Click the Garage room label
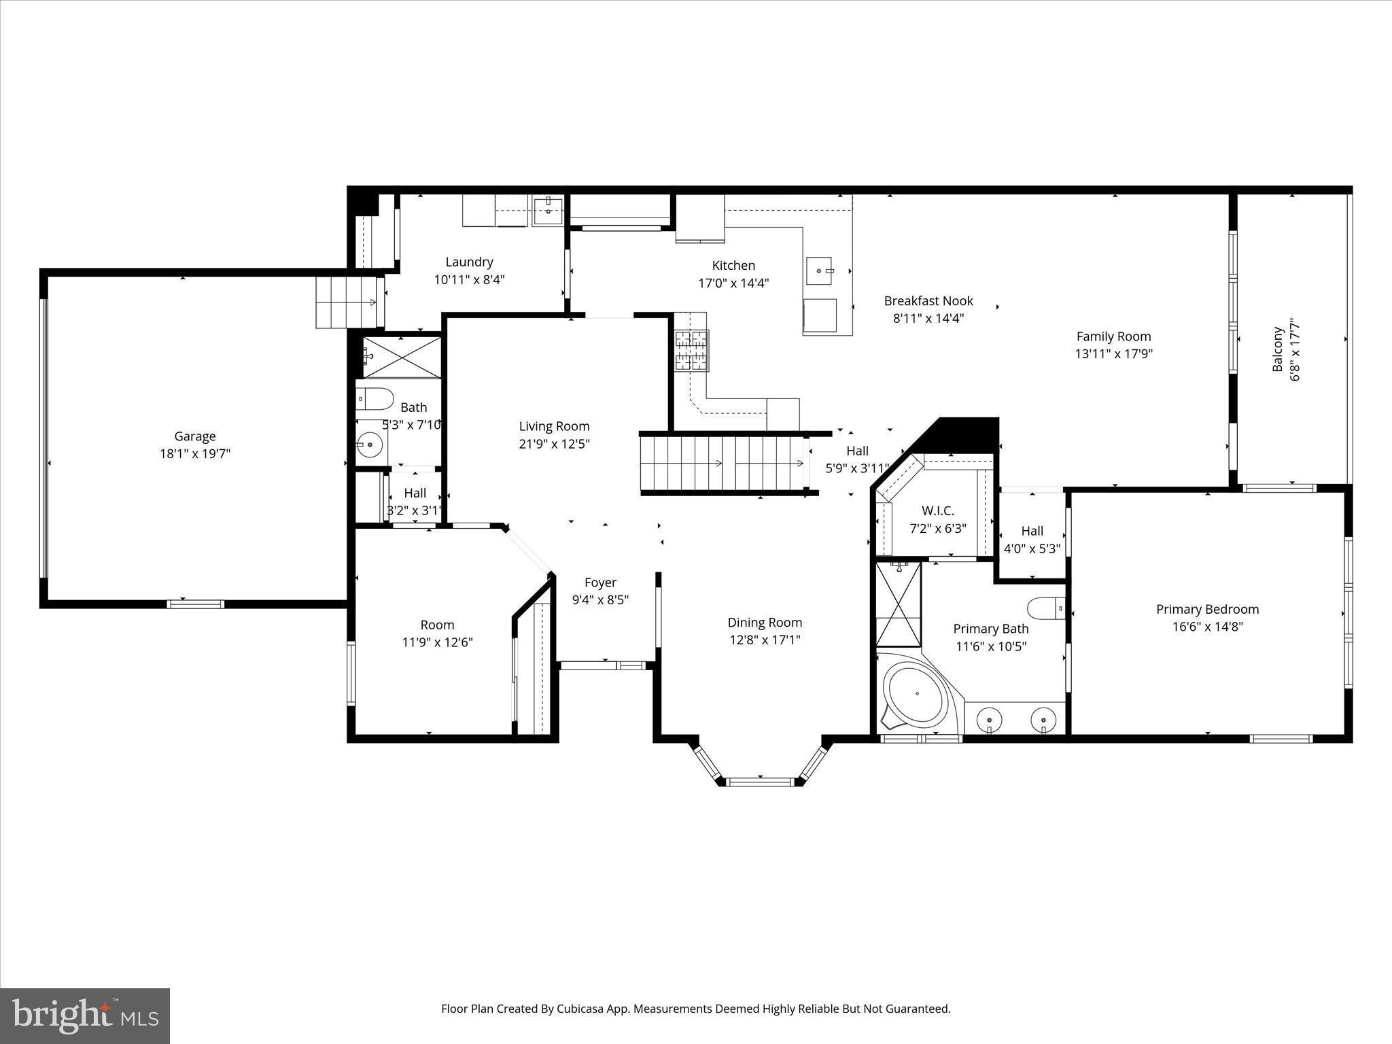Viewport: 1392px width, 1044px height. pyautogui.click(x=195, y=436)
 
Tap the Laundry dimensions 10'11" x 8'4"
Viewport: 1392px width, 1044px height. pyautogui.click(x=469, y=279)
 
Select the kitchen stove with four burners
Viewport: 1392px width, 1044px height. pyautogui.click(x=691, y=351)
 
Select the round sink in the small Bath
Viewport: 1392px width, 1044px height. pyautogui.click(x=370, y=446)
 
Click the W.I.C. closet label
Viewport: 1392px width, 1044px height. pyautogui.click(x=938, y=510)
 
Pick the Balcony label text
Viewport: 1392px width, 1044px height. pyautogui.click(x=1278, y=349)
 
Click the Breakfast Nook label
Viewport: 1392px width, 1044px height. pyautogui.click(x=928, y=300)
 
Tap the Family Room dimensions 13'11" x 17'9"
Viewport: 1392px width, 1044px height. pyautogui.click(x=1113, y=353)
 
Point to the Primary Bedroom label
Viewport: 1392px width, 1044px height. pyautogui.click(x=1207, y=609)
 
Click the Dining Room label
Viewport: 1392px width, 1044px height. pyautogui.click(x=765, y=622)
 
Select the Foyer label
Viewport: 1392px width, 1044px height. pyautogui.click(x=600, y=582)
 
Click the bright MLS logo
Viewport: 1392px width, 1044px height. pyautogui.click(x=85, y=1015)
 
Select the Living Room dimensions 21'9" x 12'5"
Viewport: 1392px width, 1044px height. pyautogui.click(x=554, y=444)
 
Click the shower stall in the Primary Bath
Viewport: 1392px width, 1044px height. pyautogui.click(x=898, y=604)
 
